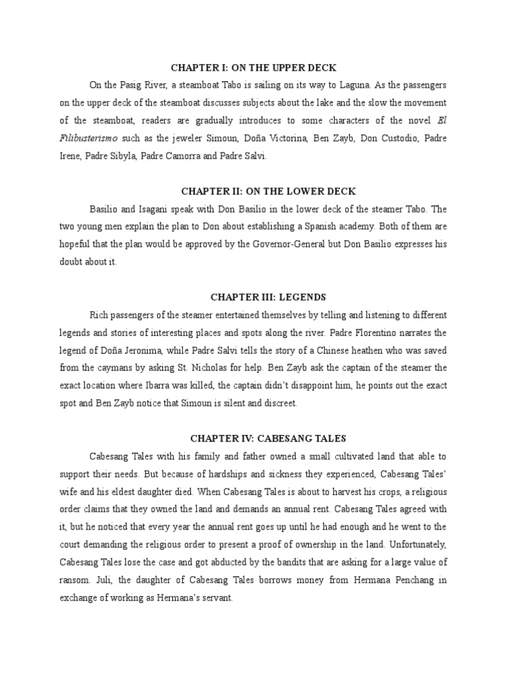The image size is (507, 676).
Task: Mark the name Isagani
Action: [x=159, y=209]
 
